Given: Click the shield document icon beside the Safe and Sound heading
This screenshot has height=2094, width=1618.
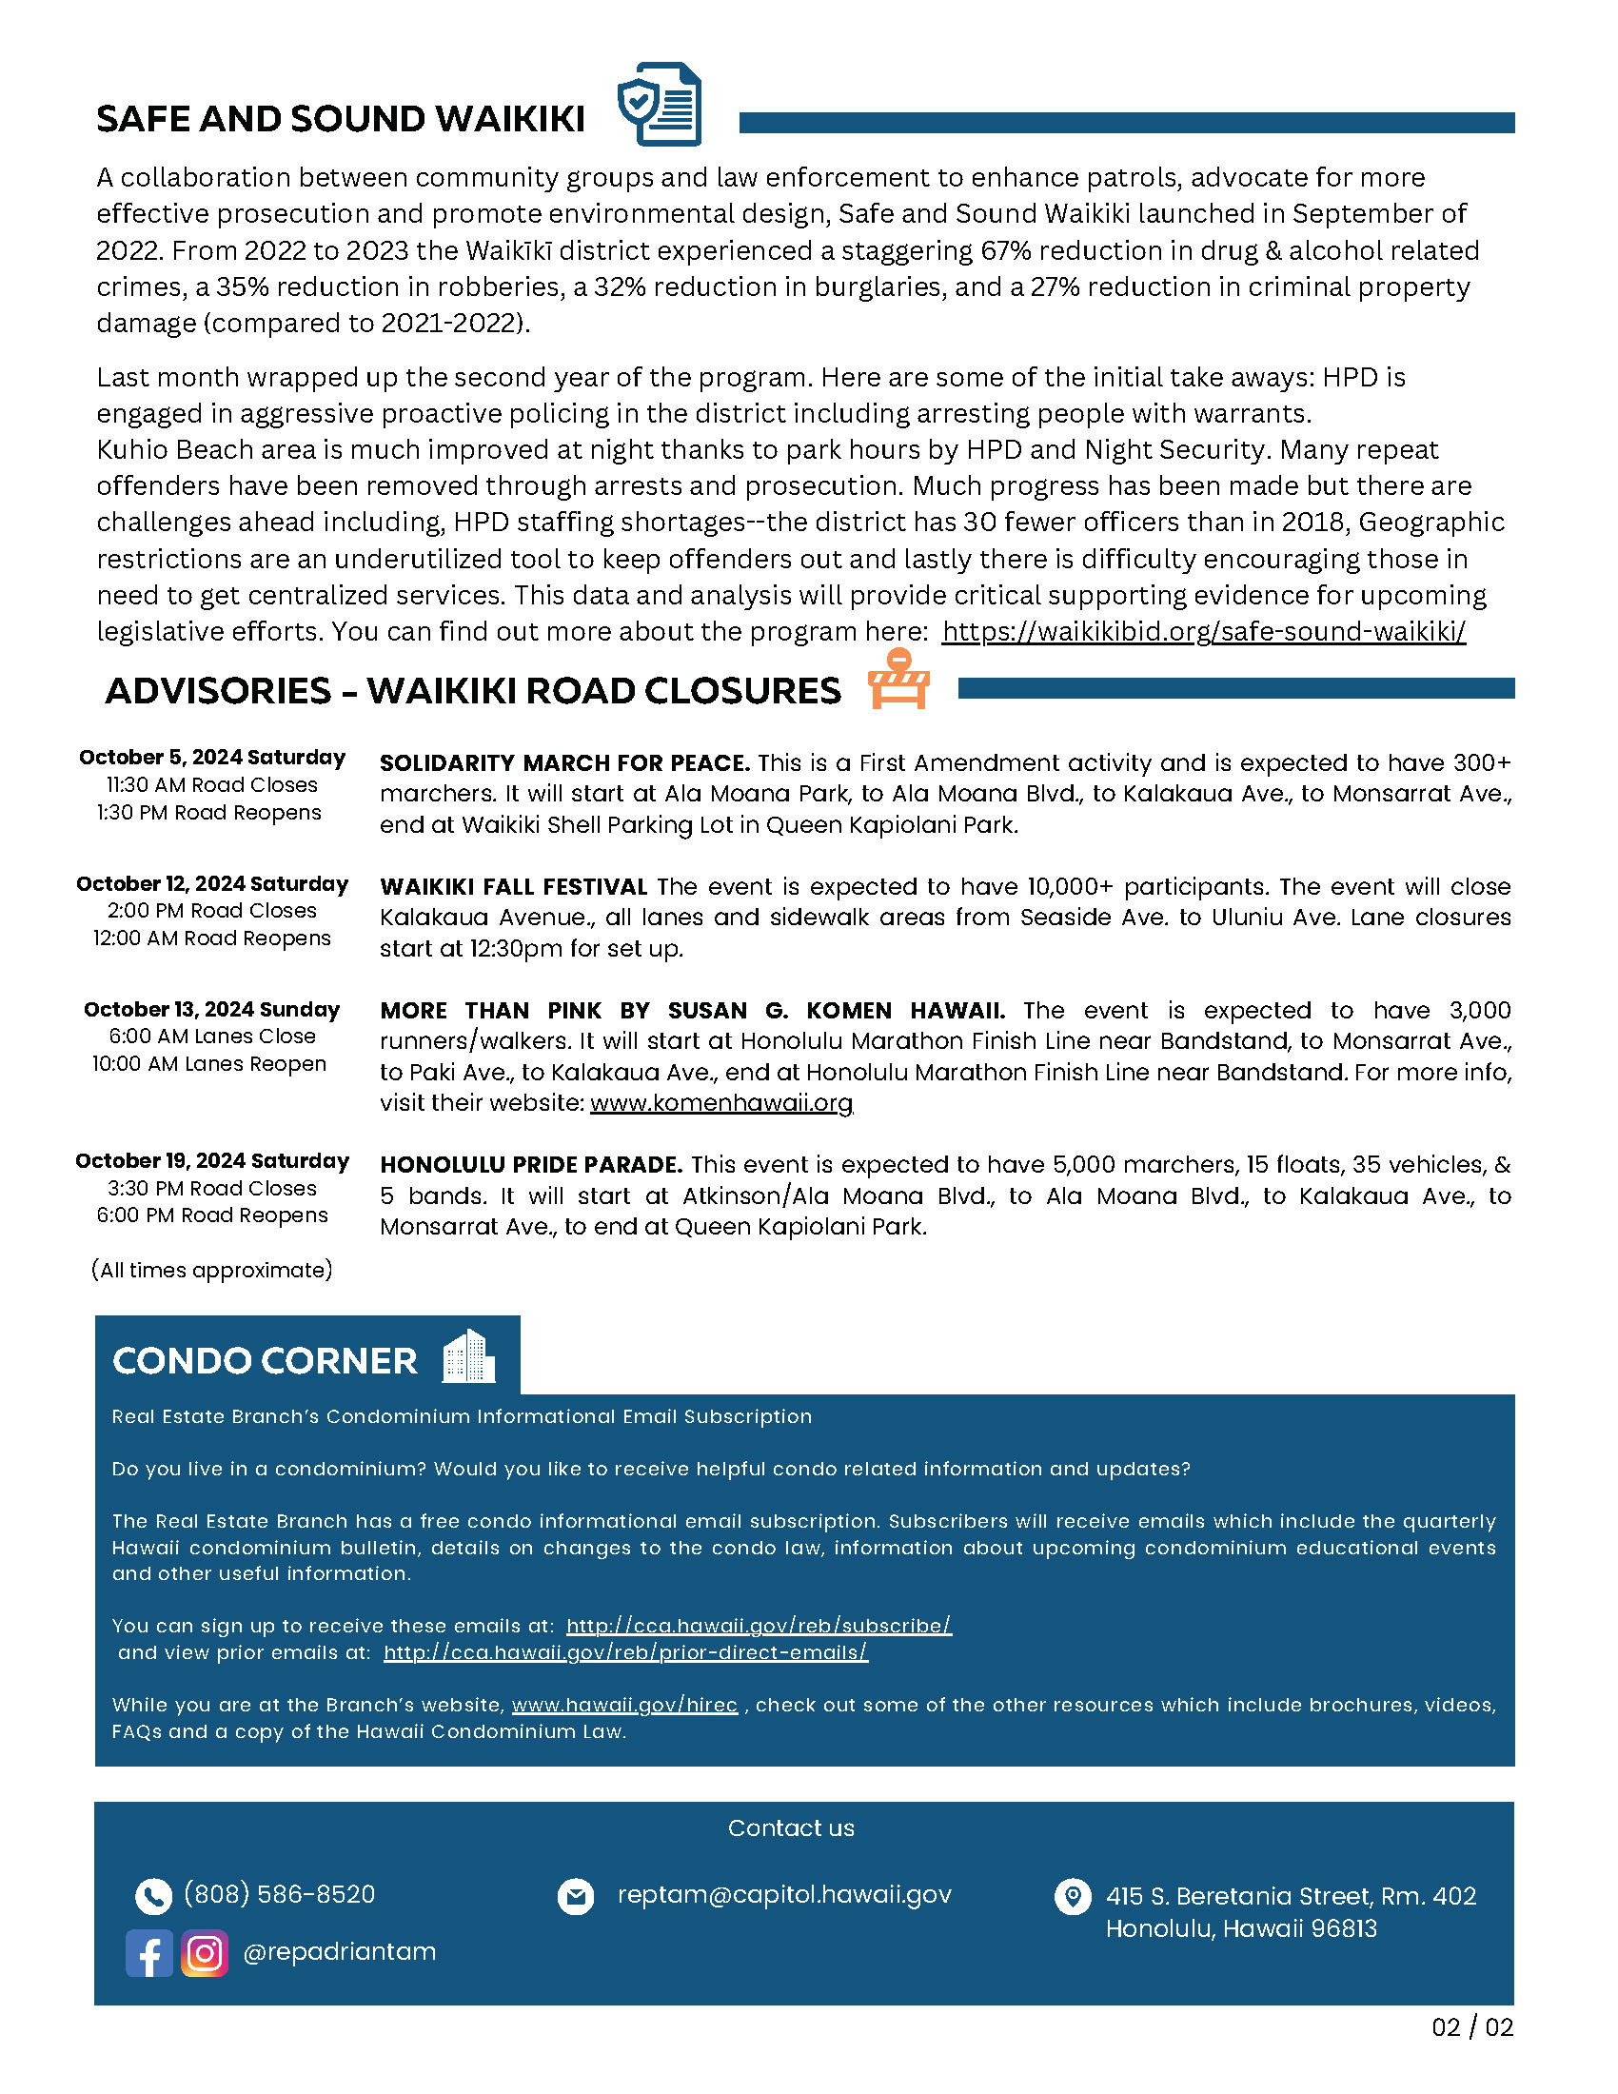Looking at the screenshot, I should coord(660,105).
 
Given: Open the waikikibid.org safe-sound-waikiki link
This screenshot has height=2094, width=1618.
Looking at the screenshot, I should coord(1203,632).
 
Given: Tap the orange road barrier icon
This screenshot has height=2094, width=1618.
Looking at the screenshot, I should coord(898,680).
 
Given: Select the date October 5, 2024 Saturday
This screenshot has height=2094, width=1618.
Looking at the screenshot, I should coord(212,758).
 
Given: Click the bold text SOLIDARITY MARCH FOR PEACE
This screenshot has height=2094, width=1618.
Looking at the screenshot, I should coord(564,763).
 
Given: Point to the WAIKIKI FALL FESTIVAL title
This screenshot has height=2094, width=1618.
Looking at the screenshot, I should coord(513,887).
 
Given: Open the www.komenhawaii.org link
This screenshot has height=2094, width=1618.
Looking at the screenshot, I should coord(720,1102).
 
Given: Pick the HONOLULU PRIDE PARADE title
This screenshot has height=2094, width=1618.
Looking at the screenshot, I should coord(531,1165).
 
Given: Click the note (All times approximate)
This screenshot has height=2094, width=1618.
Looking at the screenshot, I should coord(212,1271).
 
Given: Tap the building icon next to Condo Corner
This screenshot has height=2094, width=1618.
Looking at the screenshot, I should coord(468,1356).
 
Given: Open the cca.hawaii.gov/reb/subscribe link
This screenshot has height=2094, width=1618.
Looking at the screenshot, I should coord(759,1626).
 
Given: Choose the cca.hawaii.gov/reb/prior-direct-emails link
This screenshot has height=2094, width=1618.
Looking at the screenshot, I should coord(625,1653).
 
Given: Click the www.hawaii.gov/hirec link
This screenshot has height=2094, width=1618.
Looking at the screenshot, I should coord(624,1706).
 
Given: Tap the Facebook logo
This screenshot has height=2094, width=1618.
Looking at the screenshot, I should coord(149,1953).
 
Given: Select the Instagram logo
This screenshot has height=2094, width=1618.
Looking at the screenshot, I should coord(205,1953).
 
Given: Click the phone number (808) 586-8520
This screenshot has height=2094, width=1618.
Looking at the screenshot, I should coord(279,1894).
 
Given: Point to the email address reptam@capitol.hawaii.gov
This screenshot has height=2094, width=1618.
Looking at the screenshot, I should coord(784,1894).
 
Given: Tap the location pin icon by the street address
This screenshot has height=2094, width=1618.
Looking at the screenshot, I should coord(1073,1895).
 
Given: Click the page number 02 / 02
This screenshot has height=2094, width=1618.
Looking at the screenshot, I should coord(1471,2026).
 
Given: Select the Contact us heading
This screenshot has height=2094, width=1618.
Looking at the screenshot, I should coord(791,1828).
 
